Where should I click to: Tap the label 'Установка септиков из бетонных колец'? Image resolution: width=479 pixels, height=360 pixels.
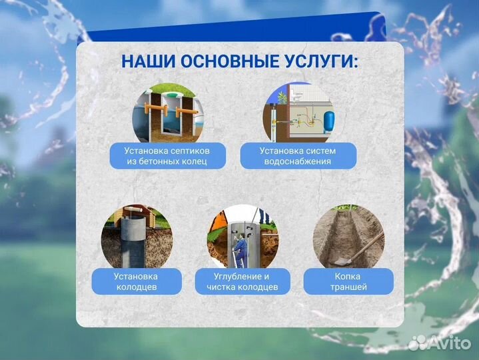pyautogui.click(x=167, y=155)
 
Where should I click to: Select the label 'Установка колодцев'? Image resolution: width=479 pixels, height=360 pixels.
pyautogui.click(x=136, y=281)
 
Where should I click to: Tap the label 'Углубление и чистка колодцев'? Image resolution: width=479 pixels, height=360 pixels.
pyautogui.click(x=242, y=281)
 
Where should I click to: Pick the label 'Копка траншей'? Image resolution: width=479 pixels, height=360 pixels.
pyautogui.click(x=348, y=281)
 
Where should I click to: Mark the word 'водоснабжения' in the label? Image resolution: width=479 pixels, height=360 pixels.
pyautogui.click(x=298, y=161)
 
